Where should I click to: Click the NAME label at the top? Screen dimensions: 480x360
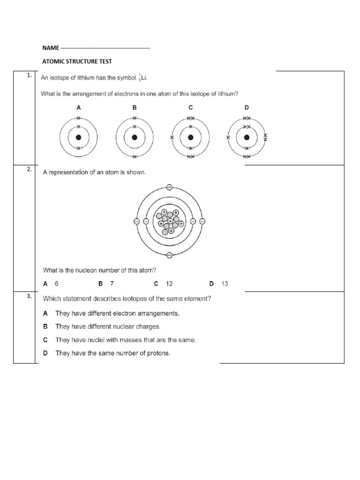click(51, 48)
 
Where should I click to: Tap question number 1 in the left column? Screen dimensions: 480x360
click(29, 75)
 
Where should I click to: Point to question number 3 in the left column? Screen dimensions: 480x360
click(29, 296)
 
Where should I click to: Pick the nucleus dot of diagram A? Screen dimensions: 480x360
click(78, 137)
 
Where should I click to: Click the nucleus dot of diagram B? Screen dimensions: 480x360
click(135, 137)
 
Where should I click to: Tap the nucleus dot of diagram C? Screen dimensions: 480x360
click(191, 137)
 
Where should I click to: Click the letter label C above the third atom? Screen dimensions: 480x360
click(190, 107)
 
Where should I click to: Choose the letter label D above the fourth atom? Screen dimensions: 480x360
click(247, 107)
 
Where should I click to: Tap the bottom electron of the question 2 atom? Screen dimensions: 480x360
click(169, 255)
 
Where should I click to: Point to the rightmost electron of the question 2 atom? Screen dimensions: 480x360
click(202, 221)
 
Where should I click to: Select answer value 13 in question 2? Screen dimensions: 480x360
click(225, 284)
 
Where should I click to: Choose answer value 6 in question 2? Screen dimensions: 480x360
click(57, 284)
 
